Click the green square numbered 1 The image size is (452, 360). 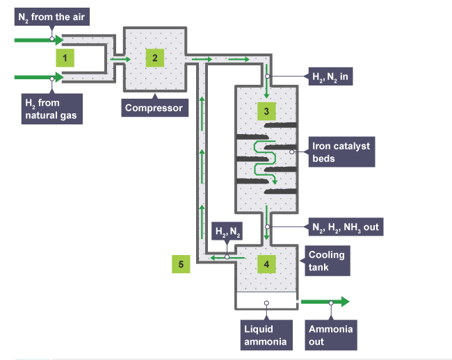(64, 58)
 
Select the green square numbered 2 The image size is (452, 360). (154, 58)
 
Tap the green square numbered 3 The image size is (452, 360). (266, 110)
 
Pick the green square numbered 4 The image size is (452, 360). (266, 263)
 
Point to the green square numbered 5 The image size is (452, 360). (181, 263)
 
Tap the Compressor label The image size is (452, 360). (154, 108)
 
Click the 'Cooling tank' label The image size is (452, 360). (326, 260)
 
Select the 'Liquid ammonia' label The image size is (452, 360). (264, 334)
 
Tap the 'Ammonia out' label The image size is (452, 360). (331, 334)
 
